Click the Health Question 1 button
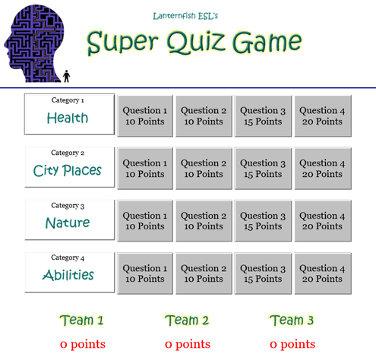(145, 116)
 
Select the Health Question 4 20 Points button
(323, 116)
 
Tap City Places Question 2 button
(204, 169)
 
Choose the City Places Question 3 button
(263, 169)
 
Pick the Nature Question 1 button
(145, 221)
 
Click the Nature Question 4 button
(323, 221)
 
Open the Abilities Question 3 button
(263, 273)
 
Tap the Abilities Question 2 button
(204, 273)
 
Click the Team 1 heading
(82, 321)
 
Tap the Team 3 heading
(292, 321)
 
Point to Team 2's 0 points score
(188, 344)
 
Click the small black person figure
(67, 76)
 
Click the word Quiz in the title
(196, 43)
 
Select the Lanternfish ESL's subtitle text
(185, 16)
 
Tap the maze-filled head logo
(34, 43)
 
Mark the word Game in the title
(267, 43)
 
